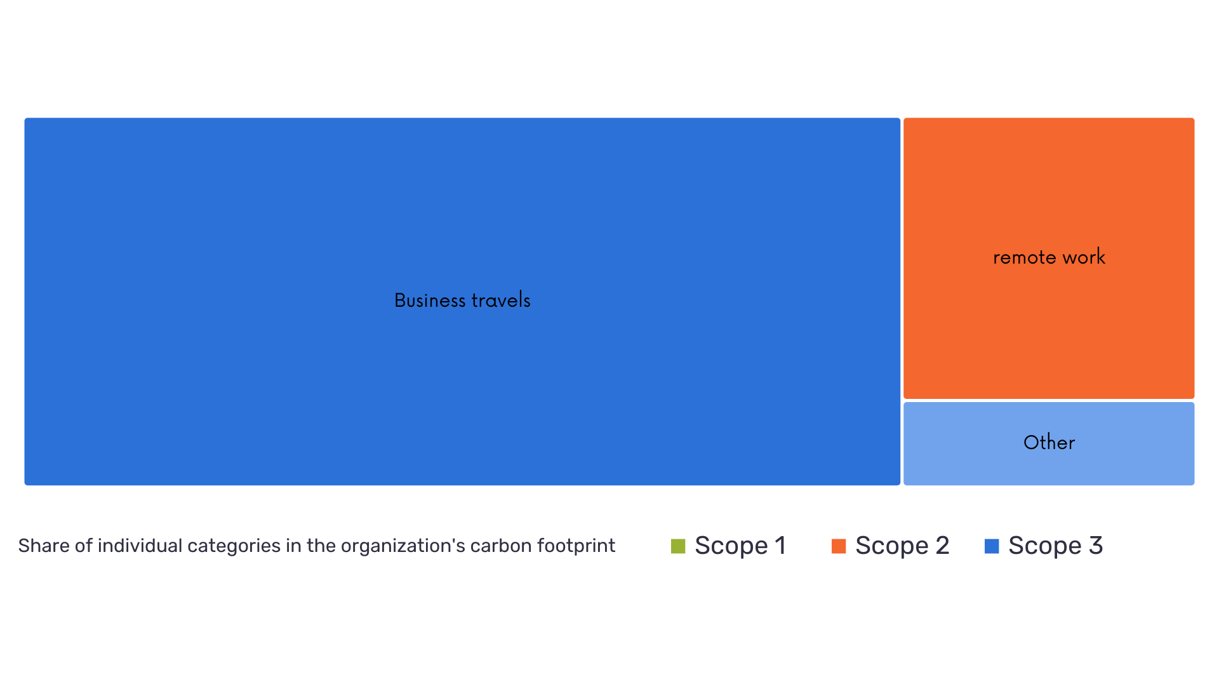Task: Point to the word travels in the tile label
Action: (501, 300)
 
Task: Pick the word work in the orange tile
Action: (1084, 257)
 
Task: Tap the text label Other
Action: (1049, 443)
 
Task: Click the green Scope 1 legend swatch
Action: (678, 546)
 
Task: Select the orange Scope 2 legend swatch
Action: (839, 546)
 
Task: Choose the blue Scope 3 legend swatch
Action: (992, 546)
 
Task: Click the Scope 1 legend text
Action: (740, 546)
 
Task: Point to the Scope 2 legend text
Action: (902, 546)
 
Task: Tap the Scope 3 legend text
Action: (1055, 546)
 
